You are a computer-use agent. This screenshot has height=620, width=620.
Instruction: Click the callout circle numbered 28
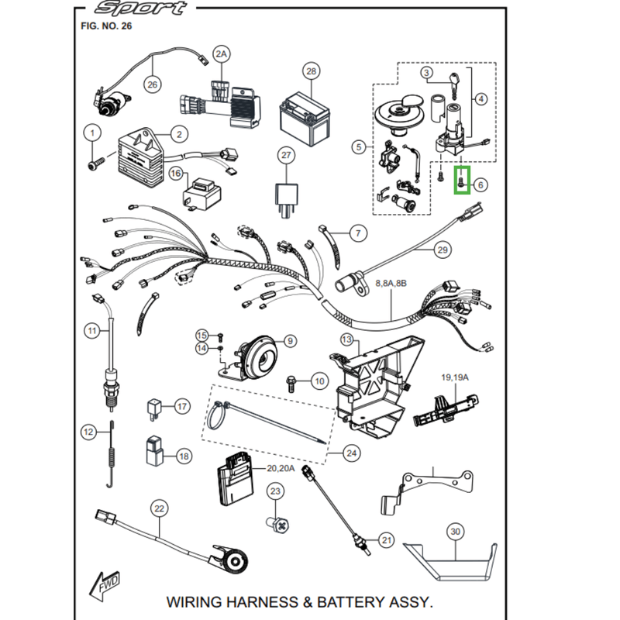[311, 72]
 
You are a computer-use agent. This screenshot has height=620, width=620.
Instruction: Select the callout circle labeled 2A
[222, 53]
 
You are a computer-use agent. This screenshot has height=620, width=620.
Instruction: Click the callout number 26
[152, 84]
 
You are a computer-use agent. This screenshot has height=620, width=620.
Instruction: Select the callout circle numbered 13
[346, 340]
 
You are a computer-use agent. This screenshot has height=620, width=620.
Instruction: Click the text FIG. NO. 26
[106, 26]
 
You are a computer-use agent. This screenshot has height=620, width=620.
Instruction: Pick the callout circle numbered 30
[455, 532]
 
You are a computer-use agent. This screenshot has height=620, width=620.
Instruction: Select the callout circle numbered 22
[160, 508]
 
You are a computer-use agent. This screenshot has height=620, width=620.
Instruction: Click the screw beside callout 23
[281, 525]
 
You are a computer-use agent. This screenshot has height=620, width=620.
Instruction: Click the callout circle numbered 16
[175, 174]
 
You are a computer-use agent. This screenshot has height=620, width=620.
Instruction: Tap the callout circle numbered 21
[387, 540]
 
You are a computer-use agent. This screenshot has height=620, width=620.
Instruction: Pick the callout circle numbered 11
[93, 331]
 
